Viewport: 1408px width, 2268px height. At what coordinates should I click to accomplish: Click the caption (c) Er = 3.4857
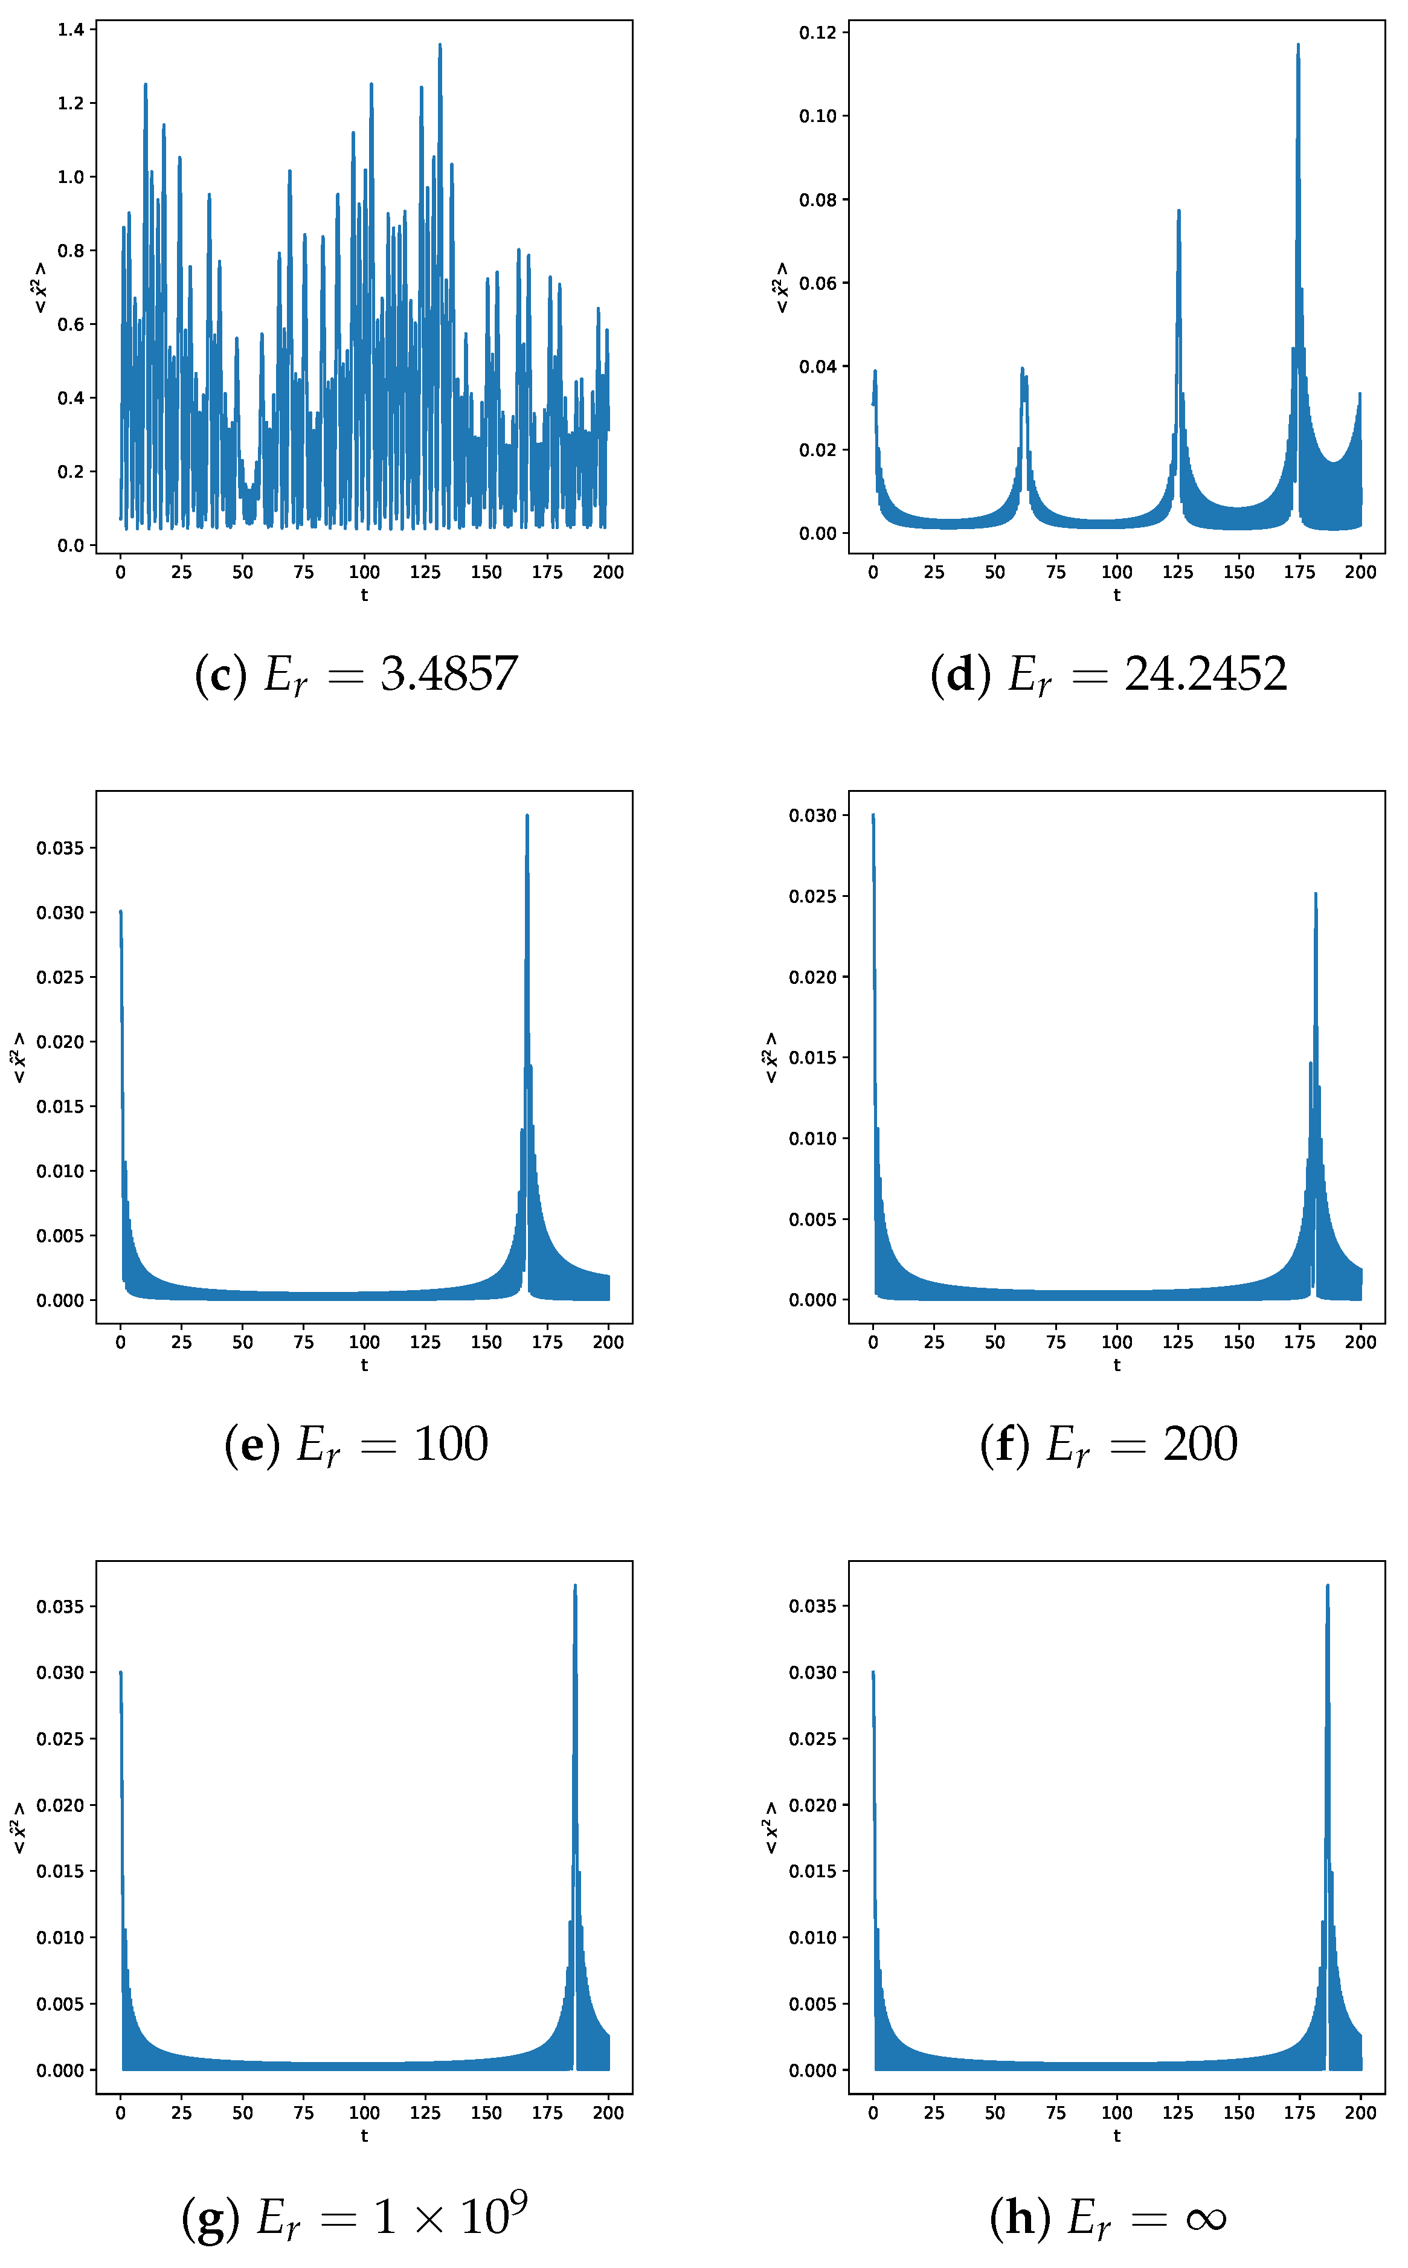tap(356, 674)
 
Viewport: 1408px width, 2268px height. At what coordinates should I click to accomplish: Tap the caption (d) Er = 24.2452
tap(1108, 674)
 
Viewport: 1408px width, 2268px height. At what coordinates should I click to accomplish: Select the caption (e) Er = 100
tap(356, 1444)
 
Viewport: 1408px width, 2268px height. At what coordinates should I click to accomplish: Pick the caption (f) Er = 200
tap(1108, 1444)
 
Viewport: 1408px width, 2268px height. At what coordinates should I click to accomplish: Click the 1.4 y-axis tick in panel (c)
tap(71, 30)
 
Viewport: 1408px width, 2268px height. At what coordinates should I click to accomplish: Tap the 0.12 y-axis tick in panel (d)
tap(818, 33)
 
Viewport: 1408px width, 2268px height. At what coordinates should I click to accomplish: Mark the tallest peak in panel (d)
tap(1297, 45)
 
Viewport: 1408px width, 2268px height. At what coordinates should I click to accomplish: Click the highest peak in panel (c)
tap(440, 45)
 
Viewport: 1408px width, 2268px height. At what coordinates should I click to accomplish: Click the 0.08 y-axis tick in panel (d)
tap(818, 200)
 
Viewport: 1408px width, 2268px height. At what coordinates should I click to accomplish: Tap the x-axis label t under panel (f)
tap(1116, 1365)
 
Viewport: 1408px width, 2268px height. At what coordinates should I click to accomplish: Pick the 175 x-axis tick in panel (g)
tap(547, 2113)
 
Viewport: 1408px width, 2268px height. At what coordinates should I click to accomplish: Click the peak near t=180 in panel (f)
tap(1315, 895)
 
